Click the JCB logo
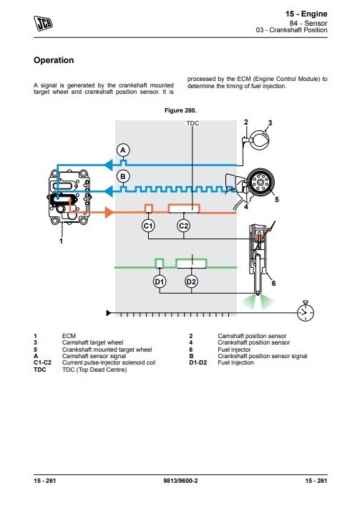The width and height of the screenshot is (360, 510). tap(43, 24)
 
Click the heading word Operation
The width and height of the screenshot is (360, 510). tap(54, 60)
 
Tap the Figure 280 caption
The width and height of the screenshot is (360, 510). tap(180, 110)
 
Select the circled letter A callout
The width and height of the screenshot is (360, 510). tap(123, 150)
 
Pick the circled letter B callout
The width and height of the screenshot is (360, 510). tap(123, 177)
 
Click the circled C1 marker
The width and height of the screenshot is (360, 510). tap(148, 226)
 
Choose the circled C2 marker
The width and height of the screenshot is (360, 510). tap(183, 226)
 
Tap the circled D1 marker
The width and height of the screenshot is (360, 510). tap(159, 282)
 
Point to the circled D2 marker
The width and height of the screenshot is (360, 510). tap(191, 282)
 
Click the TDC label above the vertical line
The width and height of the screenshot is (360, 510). tap(193, 123)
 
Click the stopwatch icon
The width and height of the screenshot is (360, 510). tap(306, 311)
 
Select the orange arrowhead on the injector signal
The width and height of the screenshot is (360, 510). tap(110, 213)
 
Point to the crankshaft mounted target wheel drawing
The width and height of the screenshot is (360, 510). tap(260, 182)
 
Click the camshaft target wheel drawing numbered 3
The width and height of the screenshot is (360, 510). tap(259, 140)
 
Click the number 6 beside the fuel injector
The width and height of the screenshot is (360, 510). tap(273, 284)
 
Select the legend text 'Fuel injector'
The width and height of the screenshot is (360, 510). tap(234, 350)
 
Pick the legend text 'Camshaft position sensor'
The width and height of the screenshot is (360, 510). tap(252, 336)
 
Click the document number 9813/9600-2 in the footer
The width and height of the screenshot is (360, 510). tap(180, 481)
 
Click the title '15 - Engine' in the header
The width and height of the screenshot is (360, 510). tap(306, 14)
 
